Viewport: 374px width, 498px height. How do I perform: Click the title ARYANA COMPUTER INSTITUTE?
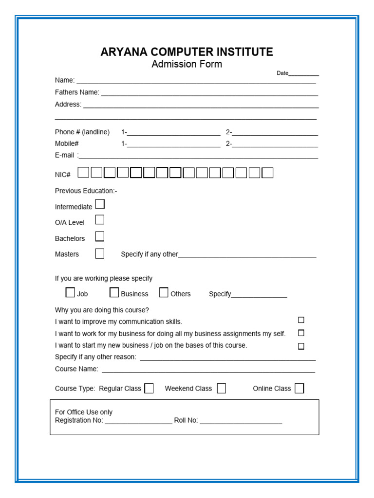pyautogui.click(x=187, y=52)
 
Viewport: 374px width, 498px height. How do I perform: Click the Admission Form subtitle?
pyautogui.click(x=187, y=64)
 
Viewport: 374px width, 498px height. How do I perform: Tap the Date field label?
pyautogui.click(x=282, y=73)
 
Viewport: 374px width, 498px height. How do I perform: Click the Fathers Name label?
pyautogui.click(x=77, y=92)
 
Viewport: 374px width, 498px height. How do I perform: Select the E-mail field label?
pyautogui.click(x=65, y=155)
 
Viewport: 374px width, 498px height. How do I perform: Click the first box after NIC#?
pyautogui.click(x=84, y=173)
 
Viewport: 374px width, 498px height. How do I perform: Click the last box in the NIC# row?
pyautogui.click(x=267, y=173)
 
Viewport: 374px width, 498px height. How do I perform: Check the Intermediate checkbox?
pyautogui.click(x=100, y=204)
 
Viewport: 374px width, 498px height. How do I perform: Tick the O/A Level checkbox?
pyautogui.click(x=100, y=220)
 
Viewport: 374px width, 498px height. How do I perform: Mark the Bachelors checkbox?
pyautogui.click(x=100, y=237)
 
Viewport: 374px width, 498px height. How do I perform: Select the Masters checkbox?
pyautogui.click(x=100, y=253)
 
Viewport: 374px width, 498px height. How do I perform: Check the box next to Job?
pyautogui.click(x=71, y=292)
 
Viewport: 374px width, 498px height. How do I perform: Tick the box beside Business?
pyautogui.click(x=114, y=292)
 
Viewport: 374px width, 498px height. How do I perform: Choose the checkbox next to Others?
pyautogui.click(x=164, y=292)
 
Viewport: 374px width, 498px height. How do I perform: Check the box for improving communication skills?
pyautogui.click(x=301, y=320)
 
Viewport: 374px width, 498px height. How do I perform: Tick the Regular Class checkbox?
pyautogui.click(x=149, y=388)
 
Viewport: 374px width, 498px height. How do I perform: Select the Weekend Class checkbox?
pyautogui.click(x=222, y=388)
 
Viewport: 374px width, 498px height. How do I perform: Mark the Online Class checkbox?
pyautogui.click(x=299, y=388)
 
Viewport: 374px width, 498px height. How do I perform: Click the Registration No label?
pyautogui.click(x=79, y=420)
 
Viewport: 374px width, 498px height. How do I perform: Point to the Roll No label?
pyautogui.click(x=186, y=420)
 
